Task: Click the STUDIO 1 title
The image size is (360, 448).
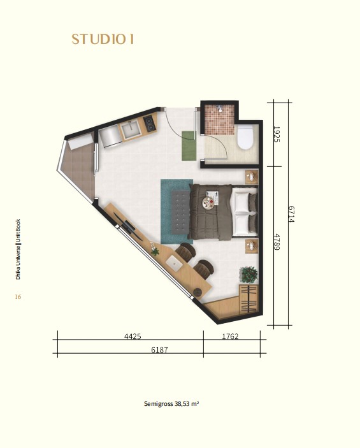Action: coord(103,39)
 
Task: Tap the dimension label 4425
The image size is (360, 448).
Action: coord(133,336)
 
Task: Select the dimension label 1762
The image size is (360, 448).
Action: coord(230,336)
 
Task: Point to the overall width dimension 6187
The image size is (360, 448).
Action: coord(159,350)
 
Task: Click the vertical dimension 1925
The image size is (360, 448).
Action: coord(277,134)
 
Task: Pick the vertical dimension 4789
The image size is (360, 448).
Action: coord(277,242)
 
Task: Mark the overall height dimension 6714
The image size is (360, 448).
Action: coord(291,215)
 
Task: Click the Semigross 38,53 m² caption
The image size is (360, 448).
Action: coord(171,404)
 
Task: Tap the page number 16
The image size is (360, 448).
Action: coord(18,296)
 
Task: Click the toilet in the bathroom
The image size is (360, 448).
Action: coord(245,137)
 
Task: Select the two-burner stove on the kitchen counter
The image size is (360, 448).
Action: coord(150,124)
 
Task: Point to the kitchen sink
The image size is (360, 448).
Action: coord(131,129)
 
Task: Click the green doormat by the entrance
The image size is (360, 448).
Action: coord(189,145)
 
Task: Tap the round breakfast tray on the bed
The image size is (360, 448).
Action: coord(208,203)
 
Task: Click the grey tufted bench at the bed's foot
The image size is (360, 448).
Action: coord(180,212)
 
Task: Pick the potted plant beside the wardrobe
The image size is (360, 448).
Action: coord(248,275)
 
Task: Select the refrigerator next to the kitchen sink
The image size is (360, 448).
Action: coord(110,137)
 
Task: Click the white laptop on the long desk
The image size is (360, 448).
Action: coord(175,263)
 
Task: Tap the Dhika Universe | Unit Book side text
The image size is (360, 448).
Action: coord(18,249)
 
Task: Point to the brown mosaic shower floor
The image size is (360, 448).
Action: coord(219,120)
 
